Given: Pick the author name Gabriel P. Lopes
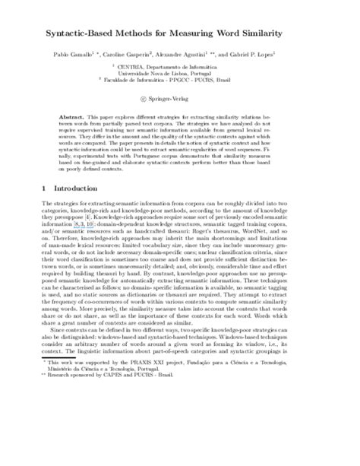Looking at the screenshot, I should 276,56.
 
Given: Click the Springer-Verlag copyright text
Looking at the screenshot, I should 185,99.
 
